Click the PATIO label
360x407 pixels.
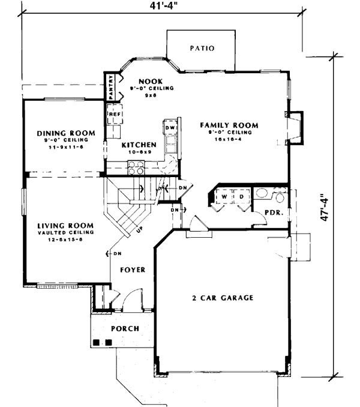pos(202,49)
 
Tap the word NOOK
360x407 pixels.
pos(147,80)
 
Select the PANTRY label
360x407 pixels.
pos(111,86)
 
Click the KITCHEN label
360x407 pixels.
pos(139,145)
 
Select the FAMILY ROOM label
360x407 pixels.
pos(229,125)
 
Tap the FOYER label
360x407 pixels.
pos(131,270)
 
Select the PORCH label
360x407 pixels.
pos(125,328)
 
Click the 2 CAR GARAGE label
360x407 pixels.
pos(223,298)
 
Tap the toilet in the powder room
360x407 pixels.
pos(279,197)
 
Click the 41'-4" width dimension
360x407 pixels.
pos(161,7)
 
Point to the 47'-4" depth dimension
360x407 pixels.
pos(325,207)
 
